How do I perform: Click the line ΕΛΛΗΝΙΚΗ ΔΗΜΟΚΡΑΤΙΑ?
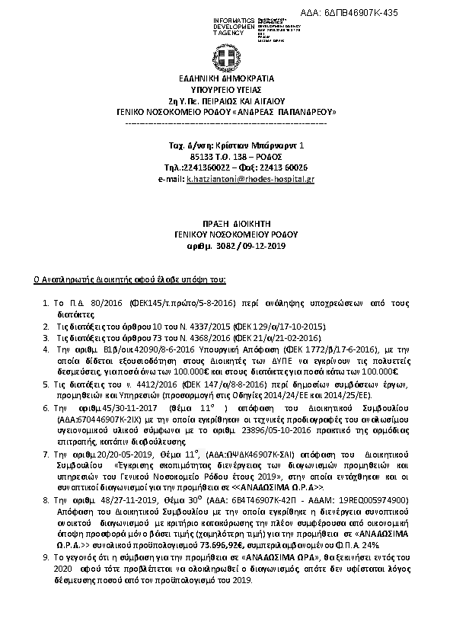pyautogui.click(x=226, y=78)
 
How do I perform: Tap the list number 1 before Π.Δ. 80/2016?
pyautogui.click(x=45, y=302)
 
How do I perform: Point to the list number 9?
pyautogui.click(x=45, y=559)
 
